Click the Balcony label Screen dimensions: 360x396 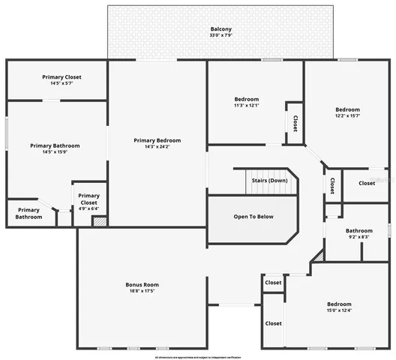[x=220, y=30]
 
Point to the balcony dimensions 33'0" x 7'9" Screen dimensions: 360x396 [x=220, y=36]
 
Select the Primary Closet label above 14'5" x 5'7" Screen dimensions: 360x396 [x=61, y=77]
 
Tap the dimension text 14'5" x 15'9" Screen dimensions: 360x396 [x=55, y=152]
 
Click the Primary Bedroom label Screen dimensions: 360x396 [x=157, y=140]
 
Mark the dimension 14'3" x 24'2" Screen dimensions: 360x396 [x=157, y=146]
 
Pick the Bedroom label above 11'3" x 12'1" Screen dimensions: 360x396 [x=247, y=99]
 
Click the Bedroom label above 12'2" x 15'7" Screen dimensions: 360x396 [x=348, y=109]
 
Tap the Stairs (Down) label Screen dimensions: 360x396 [x=269, y=181]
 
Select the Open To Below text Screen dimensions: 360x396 [x=253, y=217]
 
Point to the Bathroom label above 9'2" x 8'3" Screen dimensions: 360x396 [x=359, y=231]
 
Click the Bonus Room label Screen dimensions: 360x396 [x=142, y=284]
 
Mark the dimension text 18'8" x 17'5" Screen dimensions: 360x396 [x=142, y=291]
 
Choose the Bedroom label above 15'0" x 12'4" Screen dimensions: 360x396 [x=339, y=304]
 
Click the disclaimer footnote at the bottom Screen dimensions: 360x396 [x=198, y=356]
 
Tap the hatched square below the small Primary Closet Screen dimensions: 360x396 [x=99, y=222]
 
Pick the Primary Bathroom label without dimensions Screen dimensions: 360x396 [x=28, y=214]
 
